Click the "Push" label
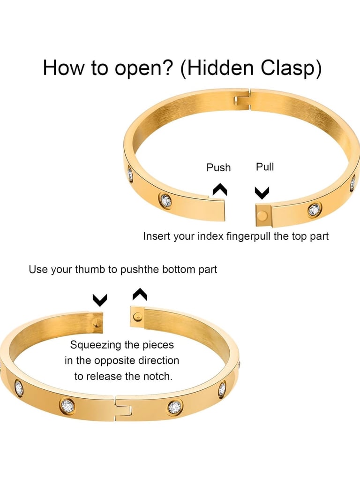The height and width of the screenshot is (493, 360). [x=218, y=167]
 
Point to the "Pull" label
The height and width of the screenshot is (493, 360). [x=265, y=167]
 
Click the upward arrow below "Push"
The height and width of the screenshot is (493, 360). [x=220, y=189]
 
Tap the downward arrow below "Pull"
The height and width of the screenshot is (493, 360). [x=262, y=192]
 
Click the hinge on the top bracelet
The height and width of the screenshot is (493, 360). [x=242, y=99]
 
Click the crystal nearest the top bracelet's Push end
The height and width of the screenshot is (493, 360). [x=165, y=201]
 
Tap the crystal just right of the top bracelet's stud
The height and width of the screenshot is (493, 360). [x=314, y=210]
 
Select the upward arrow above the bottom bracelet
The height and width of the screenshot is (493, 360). [x=140, y=294]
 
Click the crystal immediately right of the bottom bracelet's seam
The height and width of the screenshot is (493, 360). [x=175, y=407]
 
